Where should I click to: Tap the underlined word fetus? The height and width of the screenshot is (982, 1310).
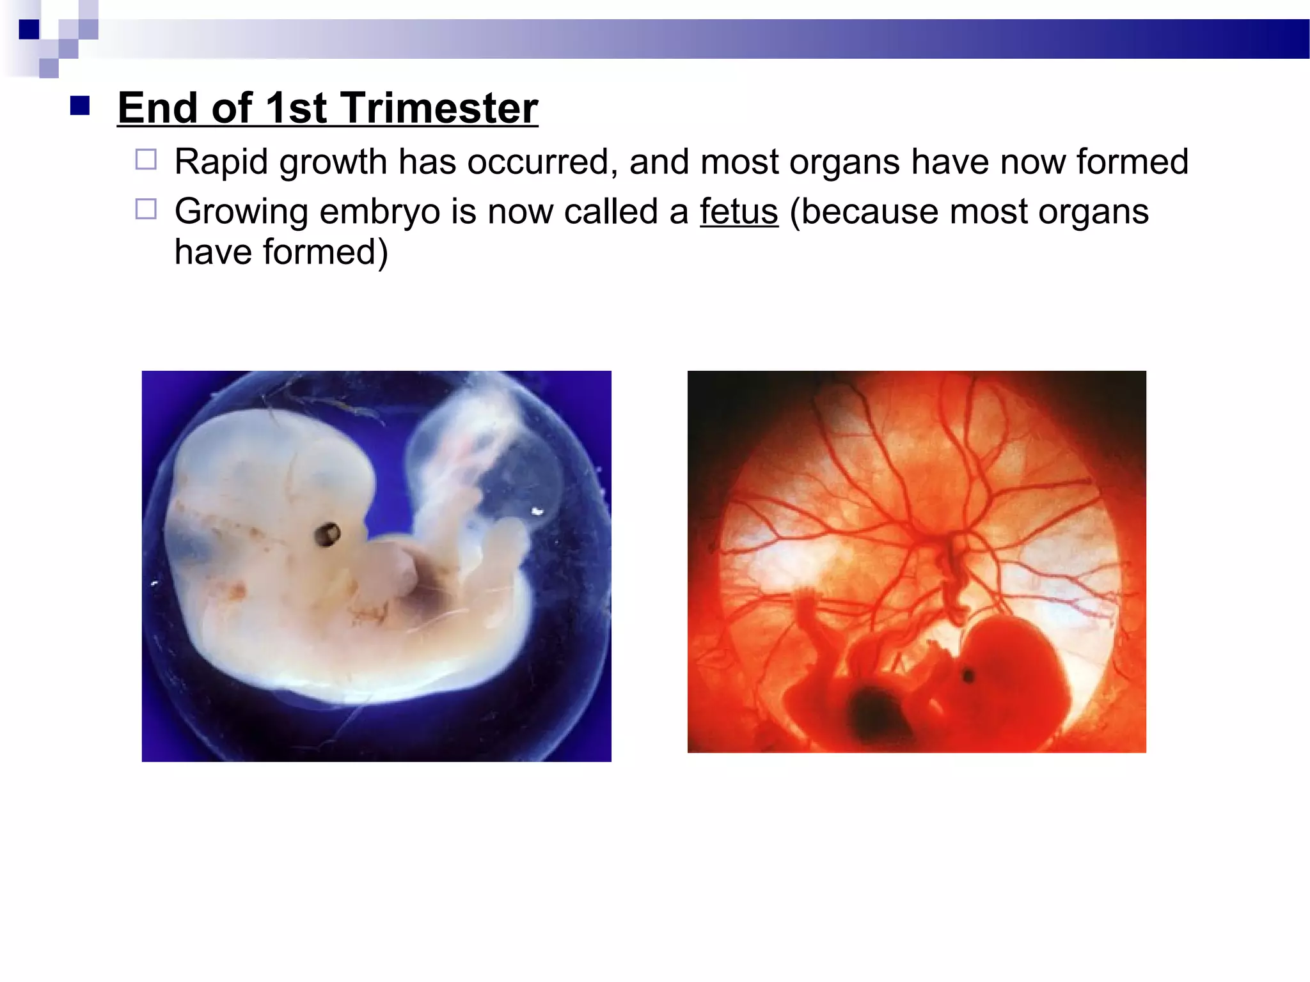pyautogui.click(x=739, y=212)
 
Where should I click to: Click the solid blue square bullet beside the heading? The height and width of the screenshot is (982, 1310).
pyautogui.click(x=80, y=105)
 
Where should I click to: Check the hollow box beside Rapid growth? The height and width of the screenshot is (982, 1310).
pyautogui.click(x=146, y=159)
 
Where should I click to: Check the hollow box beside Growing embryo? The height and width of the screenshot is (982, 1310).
pyautogui.click(x=146, y=209)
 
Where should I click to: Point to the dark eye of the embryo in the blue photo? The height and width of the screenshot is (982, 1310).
pyautogui.click(x=327, y=534)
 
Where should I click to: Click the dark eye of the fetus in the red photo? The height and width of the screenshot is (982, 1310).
pyautogui.click(x=968, y=675)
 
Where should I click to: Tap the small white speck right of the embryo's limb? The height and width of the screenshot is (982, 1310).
pyautogui.click(x=537, y=511)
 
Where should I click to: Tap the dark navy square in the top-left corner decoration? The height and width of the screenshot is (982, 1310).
pyautogui.click(x=29, y=29)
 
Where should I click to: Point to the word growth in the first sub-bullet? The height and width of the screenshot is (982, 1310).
pyautogui.click(x=333, y=162)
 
